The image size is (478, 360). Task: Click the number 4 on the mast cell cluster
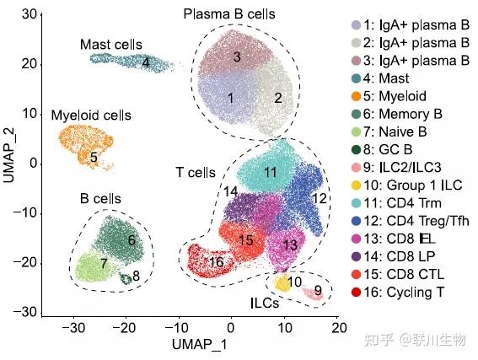click(x=146, y=62)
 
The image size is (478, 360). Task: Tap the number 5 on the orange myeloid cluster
click(x=94, y=158)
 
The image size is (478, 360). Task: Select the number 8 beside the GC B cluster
click(x=136, y=276)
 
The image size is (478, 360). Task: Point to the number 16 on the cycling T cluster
click(x=217, y=262)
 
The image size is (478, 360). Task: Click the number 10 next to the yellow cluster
click(x=294, y=282)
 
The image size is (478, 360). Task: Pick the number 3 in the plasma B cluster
click(x=237, y=56)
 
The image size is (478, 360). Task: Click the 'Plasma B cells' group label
click(x=229, y=14)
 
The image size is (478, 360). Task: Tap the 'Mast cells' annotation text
click(x=111, y=45)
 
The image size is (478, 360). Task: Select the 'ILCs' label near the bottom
click(x=265, y=303)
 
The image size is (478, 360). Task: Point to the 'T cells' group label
click(x=196, y=173)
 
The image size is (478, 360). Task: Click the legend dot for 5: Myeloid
click(x=356, y=96)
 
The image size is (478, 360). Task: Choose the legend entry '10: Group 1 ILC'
click(x=413, y=185)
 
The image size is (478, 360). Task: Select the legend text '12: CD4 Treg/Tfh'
click(x=416, y=221)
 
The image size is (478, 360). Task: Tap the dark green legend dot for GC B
click(x=356, y=150)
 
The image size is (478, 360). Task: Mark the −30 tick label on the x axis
click(x=73, y=328)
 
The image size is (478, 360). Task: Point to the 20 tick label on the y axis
click(x=30, y=64)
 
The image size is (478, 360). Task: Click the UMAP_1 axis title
click(x=200, y=345)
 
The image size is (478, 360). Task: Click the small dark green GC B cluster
click(x=126, y=278)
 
